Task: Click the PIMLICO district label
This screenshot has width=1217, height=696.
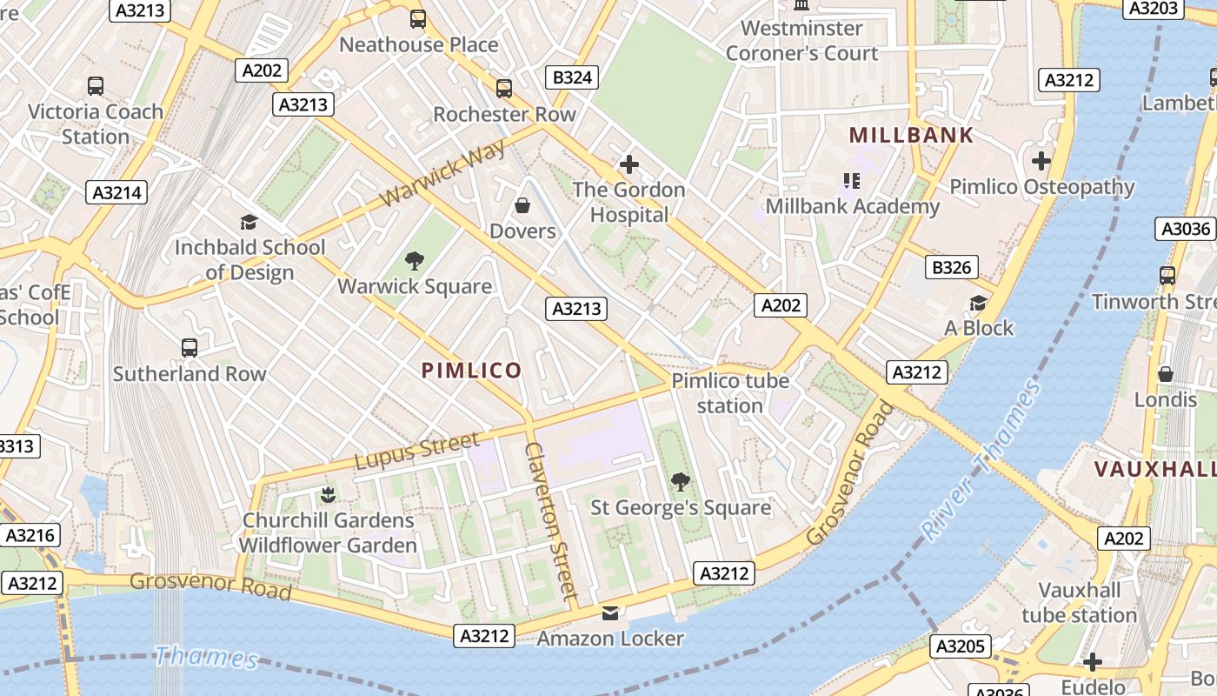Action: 471,371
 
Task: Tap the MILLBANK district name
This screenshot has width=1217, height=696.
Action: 911,136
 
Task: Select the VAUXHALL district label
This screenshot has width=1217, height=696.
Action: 1154,470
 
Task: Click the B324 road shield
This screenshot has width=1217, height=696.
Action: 573,77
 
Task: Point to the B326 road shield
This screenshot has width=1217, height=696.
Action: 951,267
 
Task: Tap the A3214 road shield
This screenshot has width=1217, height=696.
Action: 116,192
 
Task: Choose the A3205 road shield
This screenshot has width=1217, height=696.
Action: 961,646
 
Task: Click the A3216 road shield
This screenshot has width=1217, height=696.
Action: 30,535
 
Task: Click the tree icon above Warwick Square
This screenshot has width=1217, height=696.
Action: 415,260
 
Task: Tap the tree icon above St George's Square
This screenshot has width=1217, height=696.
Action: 681,481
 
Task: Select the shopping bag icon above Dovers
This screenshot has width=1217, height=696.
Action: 522,205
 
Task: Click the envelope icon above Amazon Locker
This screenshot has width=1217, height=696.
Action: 610,613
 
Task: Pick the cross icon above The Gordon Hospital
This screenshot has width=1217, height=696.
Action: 628,164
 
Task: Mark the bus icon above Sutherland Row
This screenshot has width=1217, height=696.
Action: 190,348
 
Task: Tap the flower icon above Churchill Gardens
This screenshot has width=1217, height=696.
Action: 328,495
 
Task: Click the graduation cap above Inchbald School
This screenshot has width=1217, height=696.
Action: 249,222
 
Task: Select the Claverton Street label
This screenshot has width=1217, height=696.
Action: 550,520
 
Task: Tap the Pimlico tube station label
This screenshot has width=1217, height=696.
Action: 730,393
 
